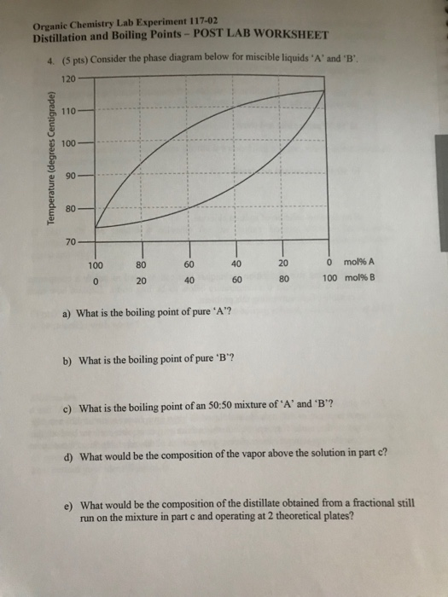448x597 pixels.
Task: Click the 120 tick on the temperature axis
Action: click(69, 78)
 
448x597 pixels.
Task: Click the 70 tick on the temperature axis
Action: click(72, 242)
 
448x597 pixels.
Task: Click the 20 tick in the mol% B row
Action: click(142, 279)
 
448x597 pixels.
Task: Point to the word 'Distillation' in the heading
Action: click(64, 37)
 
